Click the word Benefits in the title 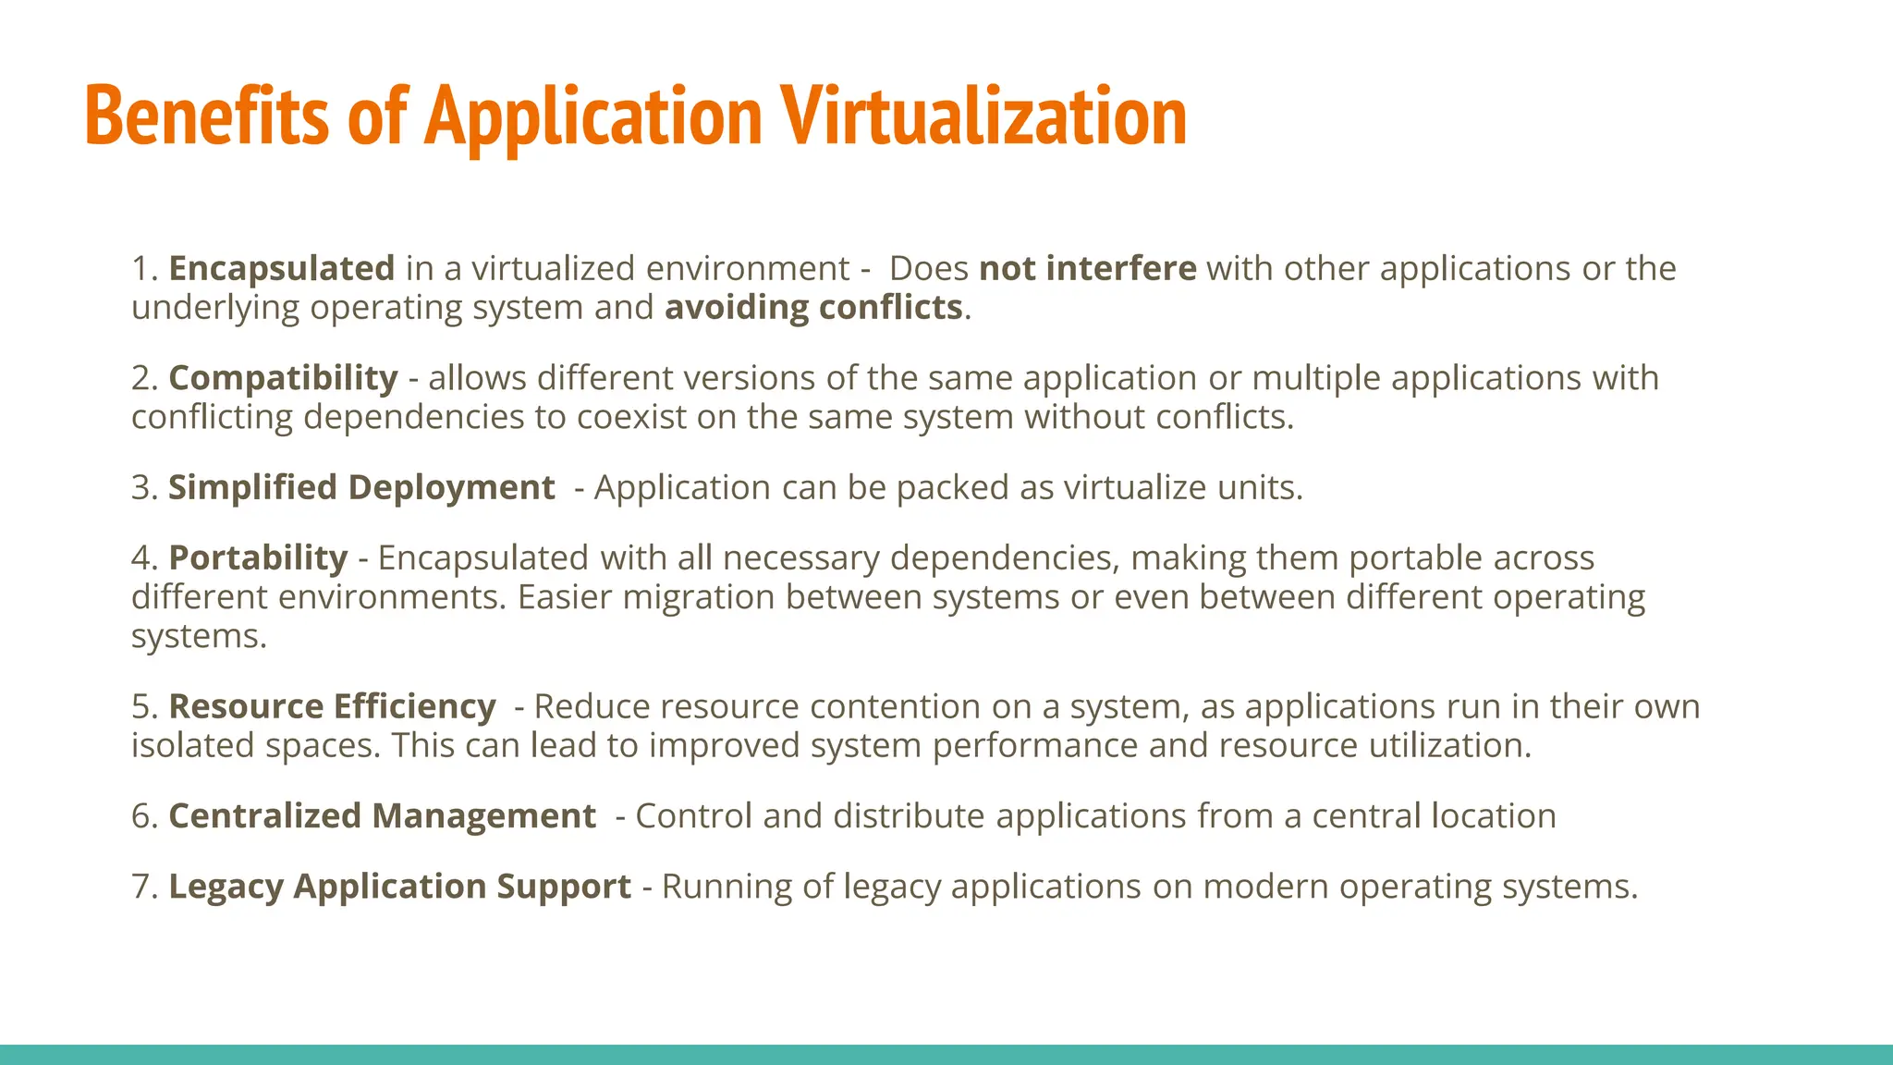206,116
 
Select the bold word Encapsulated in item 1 282,268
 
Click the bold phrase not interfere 1088,268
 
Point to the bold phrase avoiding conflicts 813,307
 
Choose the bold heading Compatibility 283,378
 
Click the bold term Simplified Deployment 361,487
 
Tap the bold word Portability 258,557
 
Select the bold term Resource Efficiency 333,706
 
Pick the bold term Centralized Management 382,815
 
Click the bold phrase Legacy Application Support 399,886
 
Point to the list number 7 141,886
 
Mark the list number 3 141,487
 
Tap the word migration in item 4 699,597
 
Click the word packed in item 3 952,487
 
